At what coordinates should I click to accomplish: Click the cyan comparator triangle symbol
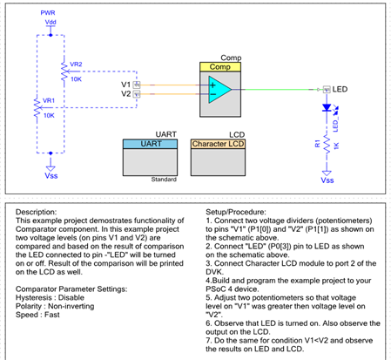[219, 90]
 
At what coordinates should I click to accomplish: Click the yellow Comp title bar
[220, 67]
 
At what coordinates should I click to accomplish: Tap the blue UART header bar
[150, 144]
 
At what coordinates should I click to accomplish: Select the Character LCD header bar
[218, 144]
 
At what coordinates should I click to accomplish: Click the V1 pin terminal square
[137, 85]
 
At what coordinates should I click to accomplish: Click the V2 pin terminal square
[137, 94]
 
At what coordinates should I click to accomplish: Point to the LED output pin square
[327, 90]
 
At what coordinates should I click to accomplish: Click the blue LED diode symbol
[327, 108]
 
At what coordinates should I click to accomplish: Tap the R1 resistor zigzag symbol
[327, 145]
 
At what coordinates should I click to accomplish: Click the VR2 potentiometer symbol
[64, 71]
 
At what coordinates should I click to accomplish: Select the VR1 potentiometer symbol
[37, 107]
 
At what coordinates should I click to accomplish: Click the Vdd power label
[51, 22]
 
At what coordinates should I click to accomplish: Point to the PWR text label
[48, 13]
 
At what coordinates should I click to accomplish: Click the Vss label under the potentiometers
[51, 176]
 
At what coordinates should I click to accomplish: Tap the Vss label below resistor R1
[327, 180]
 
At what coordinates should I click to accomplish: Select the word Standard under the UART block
[164, 180]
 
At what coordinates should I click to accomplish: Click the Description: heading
[37, 212]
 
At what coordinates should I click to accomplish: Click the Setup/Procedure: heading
[236, 212]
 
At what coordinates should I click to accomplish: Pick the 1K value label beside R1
[336, 146]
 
